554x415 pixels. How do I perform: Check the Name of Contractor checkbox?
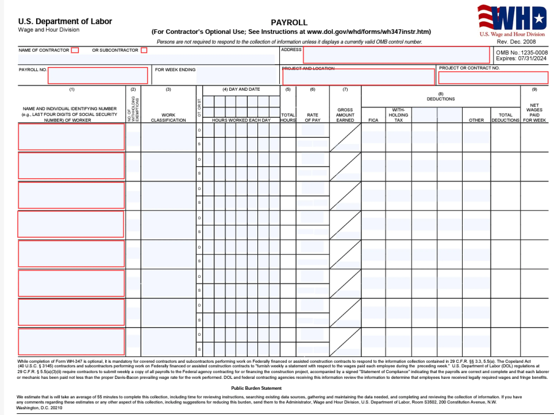75,50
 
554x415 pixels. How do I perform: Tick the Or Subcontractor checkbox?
144,50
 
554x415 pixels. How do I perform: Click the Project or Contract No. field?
493,77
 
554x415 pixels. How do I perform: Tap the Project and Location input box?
358,77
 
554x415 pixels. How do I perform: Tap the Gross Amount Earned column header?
345,115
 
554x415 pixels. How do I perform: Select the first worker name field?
71,137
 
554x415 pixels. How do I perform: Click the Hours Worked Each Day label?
241,120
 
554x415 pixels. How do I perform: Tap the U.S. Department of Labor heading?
65,21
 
